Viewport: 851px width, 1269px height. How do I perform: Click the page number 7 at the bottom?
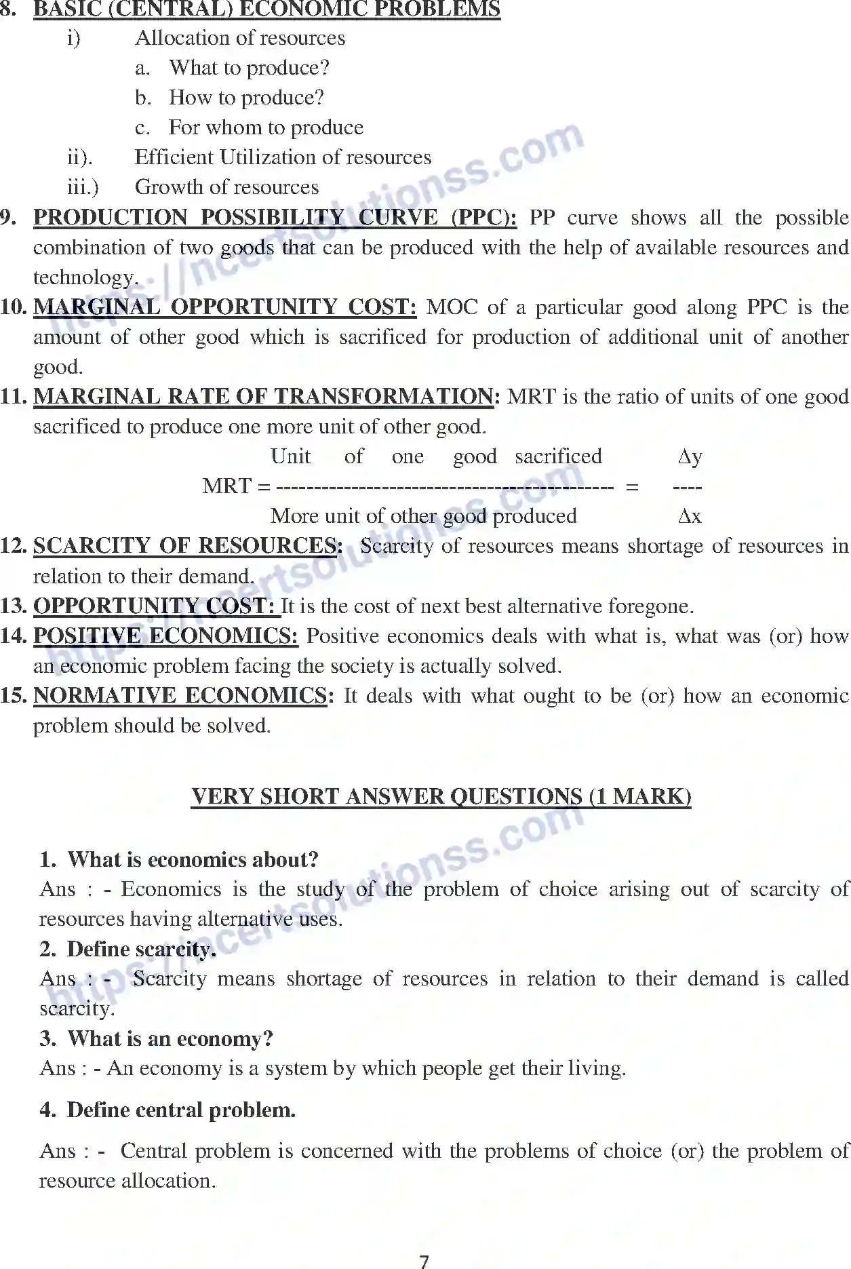tap(424, 1261)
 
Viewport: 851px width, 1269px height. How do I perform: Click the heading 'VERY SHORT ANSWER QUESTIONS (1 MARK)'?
tap(441, 796)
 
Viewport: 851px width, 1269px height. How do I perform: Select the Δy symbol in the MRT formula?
tap(690, 457)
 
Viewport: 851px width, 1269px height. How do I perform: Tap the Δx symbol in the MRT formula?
tap(690, 516)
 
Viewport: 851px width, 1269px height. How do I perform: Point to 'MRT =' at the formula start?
tap(236, 486)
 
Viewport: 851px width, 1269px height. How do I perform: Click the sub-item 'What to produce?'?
tap(249, 68)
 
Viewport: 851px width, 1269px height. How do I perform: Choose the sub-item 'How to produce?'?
tap(246, 98)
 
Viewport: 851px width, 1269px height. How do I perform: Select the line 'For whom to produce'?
tap(266, 128)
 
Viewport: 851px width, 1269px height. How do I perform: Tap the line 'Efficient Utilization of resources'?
tap(283, 157)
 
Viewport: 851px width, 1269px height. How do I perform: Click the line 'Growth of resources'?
tap(226, 187)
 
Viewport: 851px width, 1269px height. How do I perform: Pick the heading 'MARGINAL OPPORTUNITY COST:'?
tap(224, 307)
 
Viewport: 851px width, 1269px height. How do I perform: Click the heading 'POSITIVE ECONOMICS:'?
tap(165, 636)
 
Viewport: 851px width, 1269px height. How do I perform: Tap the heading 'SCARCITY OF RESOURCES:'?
tap(188, 546)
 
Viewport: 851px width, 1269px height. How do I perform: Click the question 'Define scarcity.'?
tap(142, 949)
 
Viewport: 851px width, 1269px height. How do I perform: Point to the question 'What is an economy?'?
tap(170, 1038)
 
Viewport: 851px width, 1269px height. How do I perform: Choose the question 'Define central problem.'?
tap(181, 1110)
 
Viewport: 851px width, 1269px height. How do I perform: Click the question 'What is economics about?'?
tap(193, 859)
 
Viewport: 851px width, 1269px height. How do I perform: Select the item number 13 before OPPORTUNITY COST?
tap(14, 606)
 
